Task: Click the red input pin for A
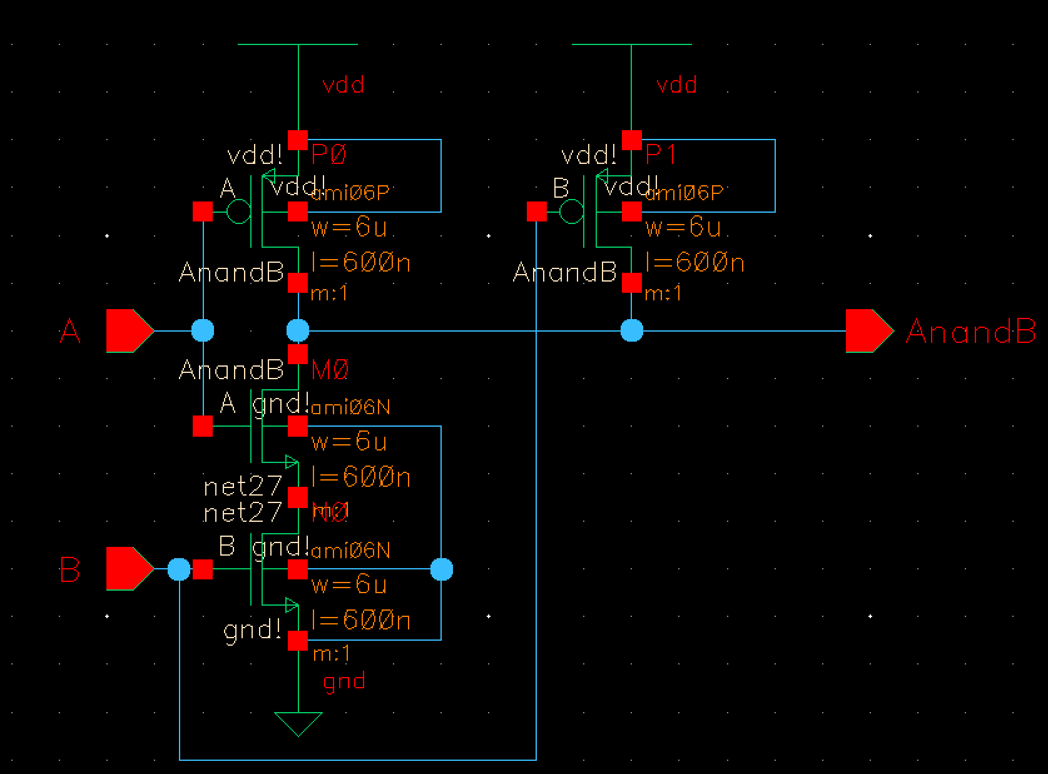[129, 330]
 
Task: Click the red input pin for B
[129, 569]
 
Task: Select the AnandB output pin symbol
[868, 330]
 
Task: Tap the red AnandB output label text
[970, 331]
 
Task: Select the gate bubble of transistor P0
[238, 212]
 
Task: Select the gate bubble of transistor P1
[571, 212]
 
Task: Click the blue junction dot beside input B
[180, 569]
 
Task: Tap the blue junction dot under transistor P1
[632, 330]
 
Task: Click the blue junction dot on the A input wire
[202, 330]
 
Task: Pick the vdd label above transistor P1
[676, 84]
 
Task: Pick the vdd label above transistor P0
[343, 84]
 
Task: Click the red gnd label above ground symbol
[344, 681]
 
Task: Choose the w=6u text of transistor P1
[683, 227]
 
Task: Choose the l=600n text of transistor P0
[361, 262]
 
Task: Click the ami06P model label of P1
[684, 193]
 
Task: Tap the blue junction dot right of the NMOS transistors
[442, 569]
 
